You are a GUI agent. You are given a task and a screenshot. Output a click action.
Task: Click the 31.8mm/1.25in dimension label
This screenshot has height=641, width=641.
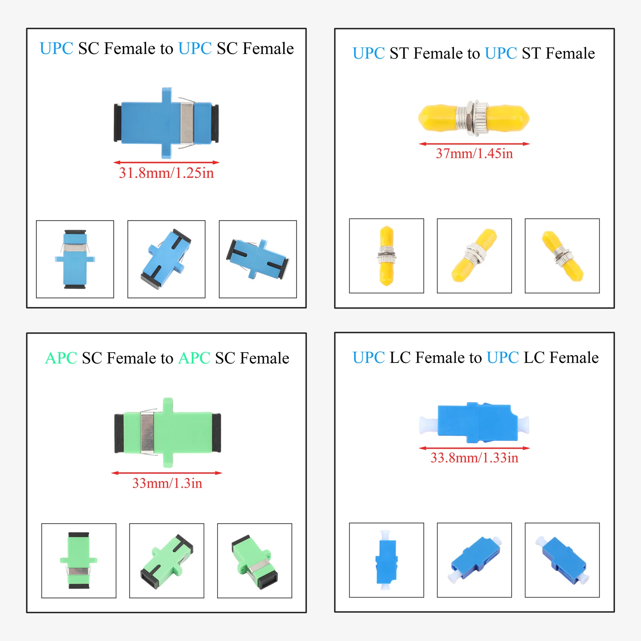[x=166, y=173]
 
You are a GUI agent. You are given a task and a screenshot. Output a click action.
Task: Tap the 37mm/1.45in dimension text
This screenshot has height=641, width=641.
[x=474, y=153]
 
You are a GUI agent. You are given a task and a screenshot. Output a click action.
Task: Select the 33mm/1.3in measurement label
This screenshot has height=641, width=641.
[x=167, y=483]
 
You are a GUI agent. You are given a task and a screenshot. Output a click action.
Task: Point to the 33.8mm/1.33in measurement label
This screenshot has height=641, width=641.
[x=474, y=458]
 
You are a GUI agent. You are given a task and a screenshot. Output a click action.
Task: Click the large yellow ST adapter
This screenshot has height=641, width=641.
[x=474, y=118]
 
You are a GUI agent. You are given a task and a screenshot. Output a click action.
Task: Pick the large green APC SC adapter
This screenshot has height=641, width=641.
[x=167, y=433]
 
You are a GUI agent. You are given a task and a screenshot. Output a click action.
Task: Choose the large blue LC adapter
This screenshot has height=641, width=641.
[x=474, y=423]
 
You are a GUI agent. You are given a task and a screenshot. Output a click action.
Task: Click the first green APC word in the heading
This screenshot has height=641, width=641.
[x=61, y=358]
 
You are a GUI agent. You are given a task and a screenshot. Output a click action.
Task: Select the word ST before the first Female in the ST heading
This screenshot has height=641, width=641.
[x=399, y=53]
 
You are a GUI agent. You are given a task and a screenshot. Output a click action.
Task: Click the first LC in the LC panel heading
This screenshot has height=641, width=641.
[x=400, y=357]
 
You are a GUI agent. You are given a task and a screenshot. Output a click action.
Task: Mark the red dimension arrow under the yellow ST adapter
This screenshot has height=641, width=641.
[x=474, y=144]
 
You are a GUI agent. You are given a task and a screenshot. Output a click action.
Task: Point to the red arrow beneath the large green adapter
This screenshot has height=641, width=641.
[x=167, y=473]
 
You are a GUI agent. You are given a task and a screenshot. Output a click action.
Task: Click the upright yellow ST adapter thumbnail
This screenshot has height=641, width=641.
[x=386, y=256]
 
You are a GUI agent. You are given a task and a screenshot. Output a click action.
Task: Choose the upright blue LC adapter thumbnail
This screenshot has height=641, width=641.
[x=386, y=560]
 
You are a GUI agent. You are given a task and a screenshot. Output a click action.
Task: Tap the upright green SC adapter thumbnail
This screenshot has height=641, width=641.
[x=79, y=560]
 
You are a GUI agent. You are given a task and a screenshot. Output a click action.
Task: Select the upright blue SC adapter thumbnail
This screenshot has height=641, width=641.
[x=75, y=259]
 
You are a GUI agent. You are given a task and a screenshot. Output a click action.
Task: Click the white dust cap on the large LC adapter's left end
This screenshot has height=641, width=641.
[x=428, y=425]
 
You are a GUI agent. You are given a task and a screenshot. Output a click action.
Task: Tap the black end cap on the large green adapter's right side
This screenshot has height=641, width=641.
[x=216, y=433]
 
